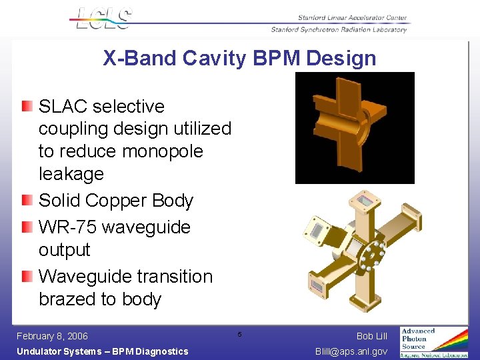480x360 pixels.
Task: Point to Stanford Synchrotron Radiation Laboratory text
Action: click(x=338, y=29)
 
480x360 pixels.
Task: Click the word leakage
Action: click(x=71, y=174)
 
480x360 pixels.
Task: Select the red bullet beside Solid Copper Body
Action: click(x=26, y=201)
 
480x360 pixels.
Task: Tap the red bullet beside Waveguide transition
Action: click(x=26, y=277)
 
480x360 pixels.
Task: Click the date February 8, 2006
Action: click(x=52, y=336)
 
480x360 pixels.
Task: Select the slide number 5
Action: click(x=239, y=333)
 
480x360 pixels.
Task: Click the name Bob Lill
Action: click(x=371, y=336)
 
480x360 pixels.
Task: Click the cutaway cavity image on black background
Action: click(x=354, y=127)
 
